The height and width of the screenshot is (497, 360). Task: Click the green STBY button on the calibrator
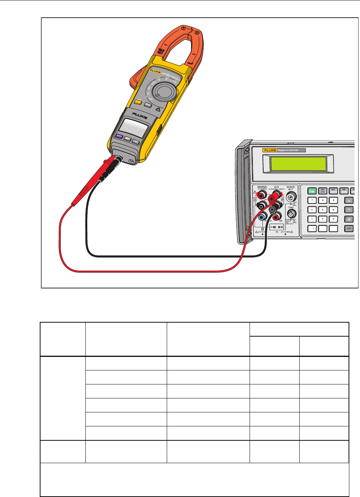(312, 191)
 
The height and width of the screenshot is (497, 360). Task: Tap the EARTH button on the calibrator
(333, 191)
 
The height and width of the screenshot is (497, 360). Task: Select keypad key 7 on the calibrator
(312, 200)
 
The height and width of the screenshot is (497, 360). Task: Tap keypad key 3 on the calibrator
(333, 219)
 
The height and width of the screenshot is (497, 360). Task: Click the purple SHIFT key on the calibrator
(349, 228)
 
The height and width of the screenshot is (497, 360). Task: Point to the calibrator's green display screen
(299, 163)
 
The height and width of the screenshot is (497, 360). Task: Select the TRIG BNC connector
(291, 214)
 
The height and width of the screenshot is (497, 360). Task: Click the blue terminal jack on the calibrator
(262, 217)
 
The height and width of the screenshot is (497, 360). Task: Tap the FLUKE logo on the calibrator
(270, 150)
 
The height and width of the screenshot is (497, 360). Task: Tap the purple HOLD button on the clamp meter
(119, 136)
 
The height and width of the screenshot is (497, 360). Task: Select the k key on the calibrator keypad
(349, 210)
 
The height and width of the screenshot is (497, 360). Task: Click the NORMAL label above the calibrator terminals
(262, 187)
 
